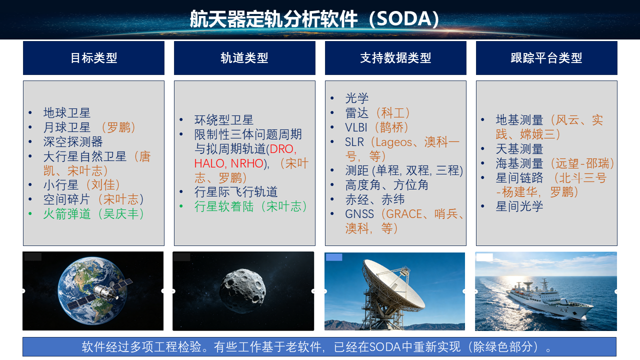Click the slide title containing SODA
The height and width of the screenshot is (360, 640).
(314, 19)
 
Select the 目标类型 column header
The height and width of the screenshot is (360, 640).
(93, 57)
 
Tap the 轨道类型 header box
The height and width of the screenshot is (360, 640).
(244, 57)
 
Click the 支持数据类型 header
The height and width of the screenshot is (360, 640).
(395, 57)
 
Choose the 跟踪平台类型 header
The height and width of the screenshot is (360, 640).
(546, 57)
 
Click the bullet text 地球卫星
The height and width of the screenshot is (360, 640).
(67, 113)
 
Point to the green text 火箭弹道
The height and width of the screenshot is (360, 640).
(67, 214)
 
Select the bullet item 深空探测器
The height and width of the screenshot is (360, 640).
(73, 141)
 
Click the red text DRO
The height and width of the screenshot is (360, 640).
(283, 149)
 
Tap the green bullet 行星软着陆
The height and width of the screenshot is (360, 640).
(223, 206)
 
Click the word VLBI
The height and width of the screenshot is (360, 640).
(356, 127)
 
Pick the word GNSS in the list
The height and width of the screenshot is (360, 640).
(359, 214)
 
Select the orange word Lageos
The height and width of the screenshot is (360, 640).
(393, 142)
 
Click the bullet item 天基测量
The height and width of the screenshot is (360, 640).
(519, 149)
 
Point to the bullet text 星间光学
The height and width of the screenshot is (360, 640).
(519, 206)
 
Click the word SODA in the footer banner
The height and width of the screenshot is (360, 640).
(385, 347)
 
